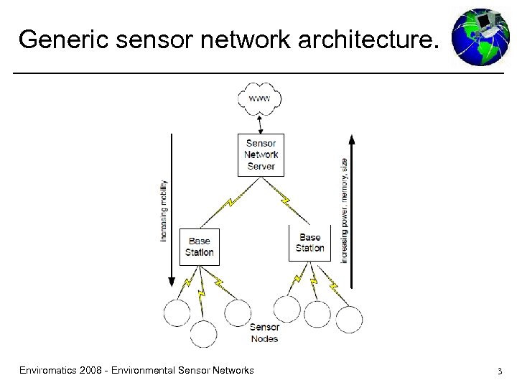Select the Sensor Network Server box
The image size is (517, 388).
pyautogui.click(x=261, y=154)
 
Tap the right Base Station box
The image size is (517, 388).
pyautogui.click(x=309, y=243)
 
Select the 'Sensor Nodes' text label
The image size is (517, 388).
pyautogui.click(x=264, y=333)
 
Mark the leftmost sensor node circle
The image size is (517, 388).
pyautogui.click(x=177, y=313)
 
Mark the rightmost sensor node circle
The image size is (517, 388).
pyautogui.click(x=349, y=319)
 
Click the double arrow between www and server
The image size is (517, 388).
pyautogui.click(x=260, y=124)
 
